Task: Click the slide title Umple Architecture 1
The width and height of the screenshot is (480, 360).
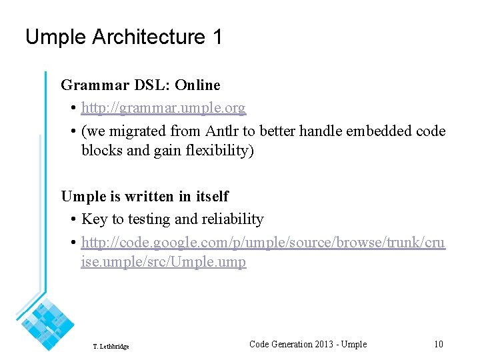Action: tap(123, 37)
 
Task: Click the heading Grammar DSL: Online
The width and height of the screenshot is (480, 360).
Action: tap(140, 85)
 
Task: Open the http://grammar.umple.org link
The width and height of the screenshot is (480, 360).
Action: tap(163, 108)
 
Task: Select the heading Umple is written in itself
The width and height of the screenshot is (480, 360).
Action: tap(145, 197)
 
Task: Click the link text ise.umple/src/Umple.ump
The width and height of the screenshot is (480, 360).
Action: tap(163, 262)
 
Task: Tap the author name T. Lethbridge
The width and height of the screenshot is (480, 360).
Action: tap(111, 347)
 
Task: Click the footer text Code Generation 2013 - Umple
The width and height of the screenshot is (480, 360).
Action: tap(307, 344)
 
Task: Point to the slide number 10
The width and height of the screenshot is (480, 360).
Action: tap(438, 344)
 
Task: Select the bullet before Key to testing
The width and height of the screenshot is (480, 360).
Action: tap(72, 220)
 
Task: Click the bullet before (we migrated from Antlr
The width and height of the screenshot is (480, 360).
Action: tap(72, 132)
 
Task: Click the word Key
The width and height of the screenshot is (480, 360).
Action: tap(93, 219)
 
